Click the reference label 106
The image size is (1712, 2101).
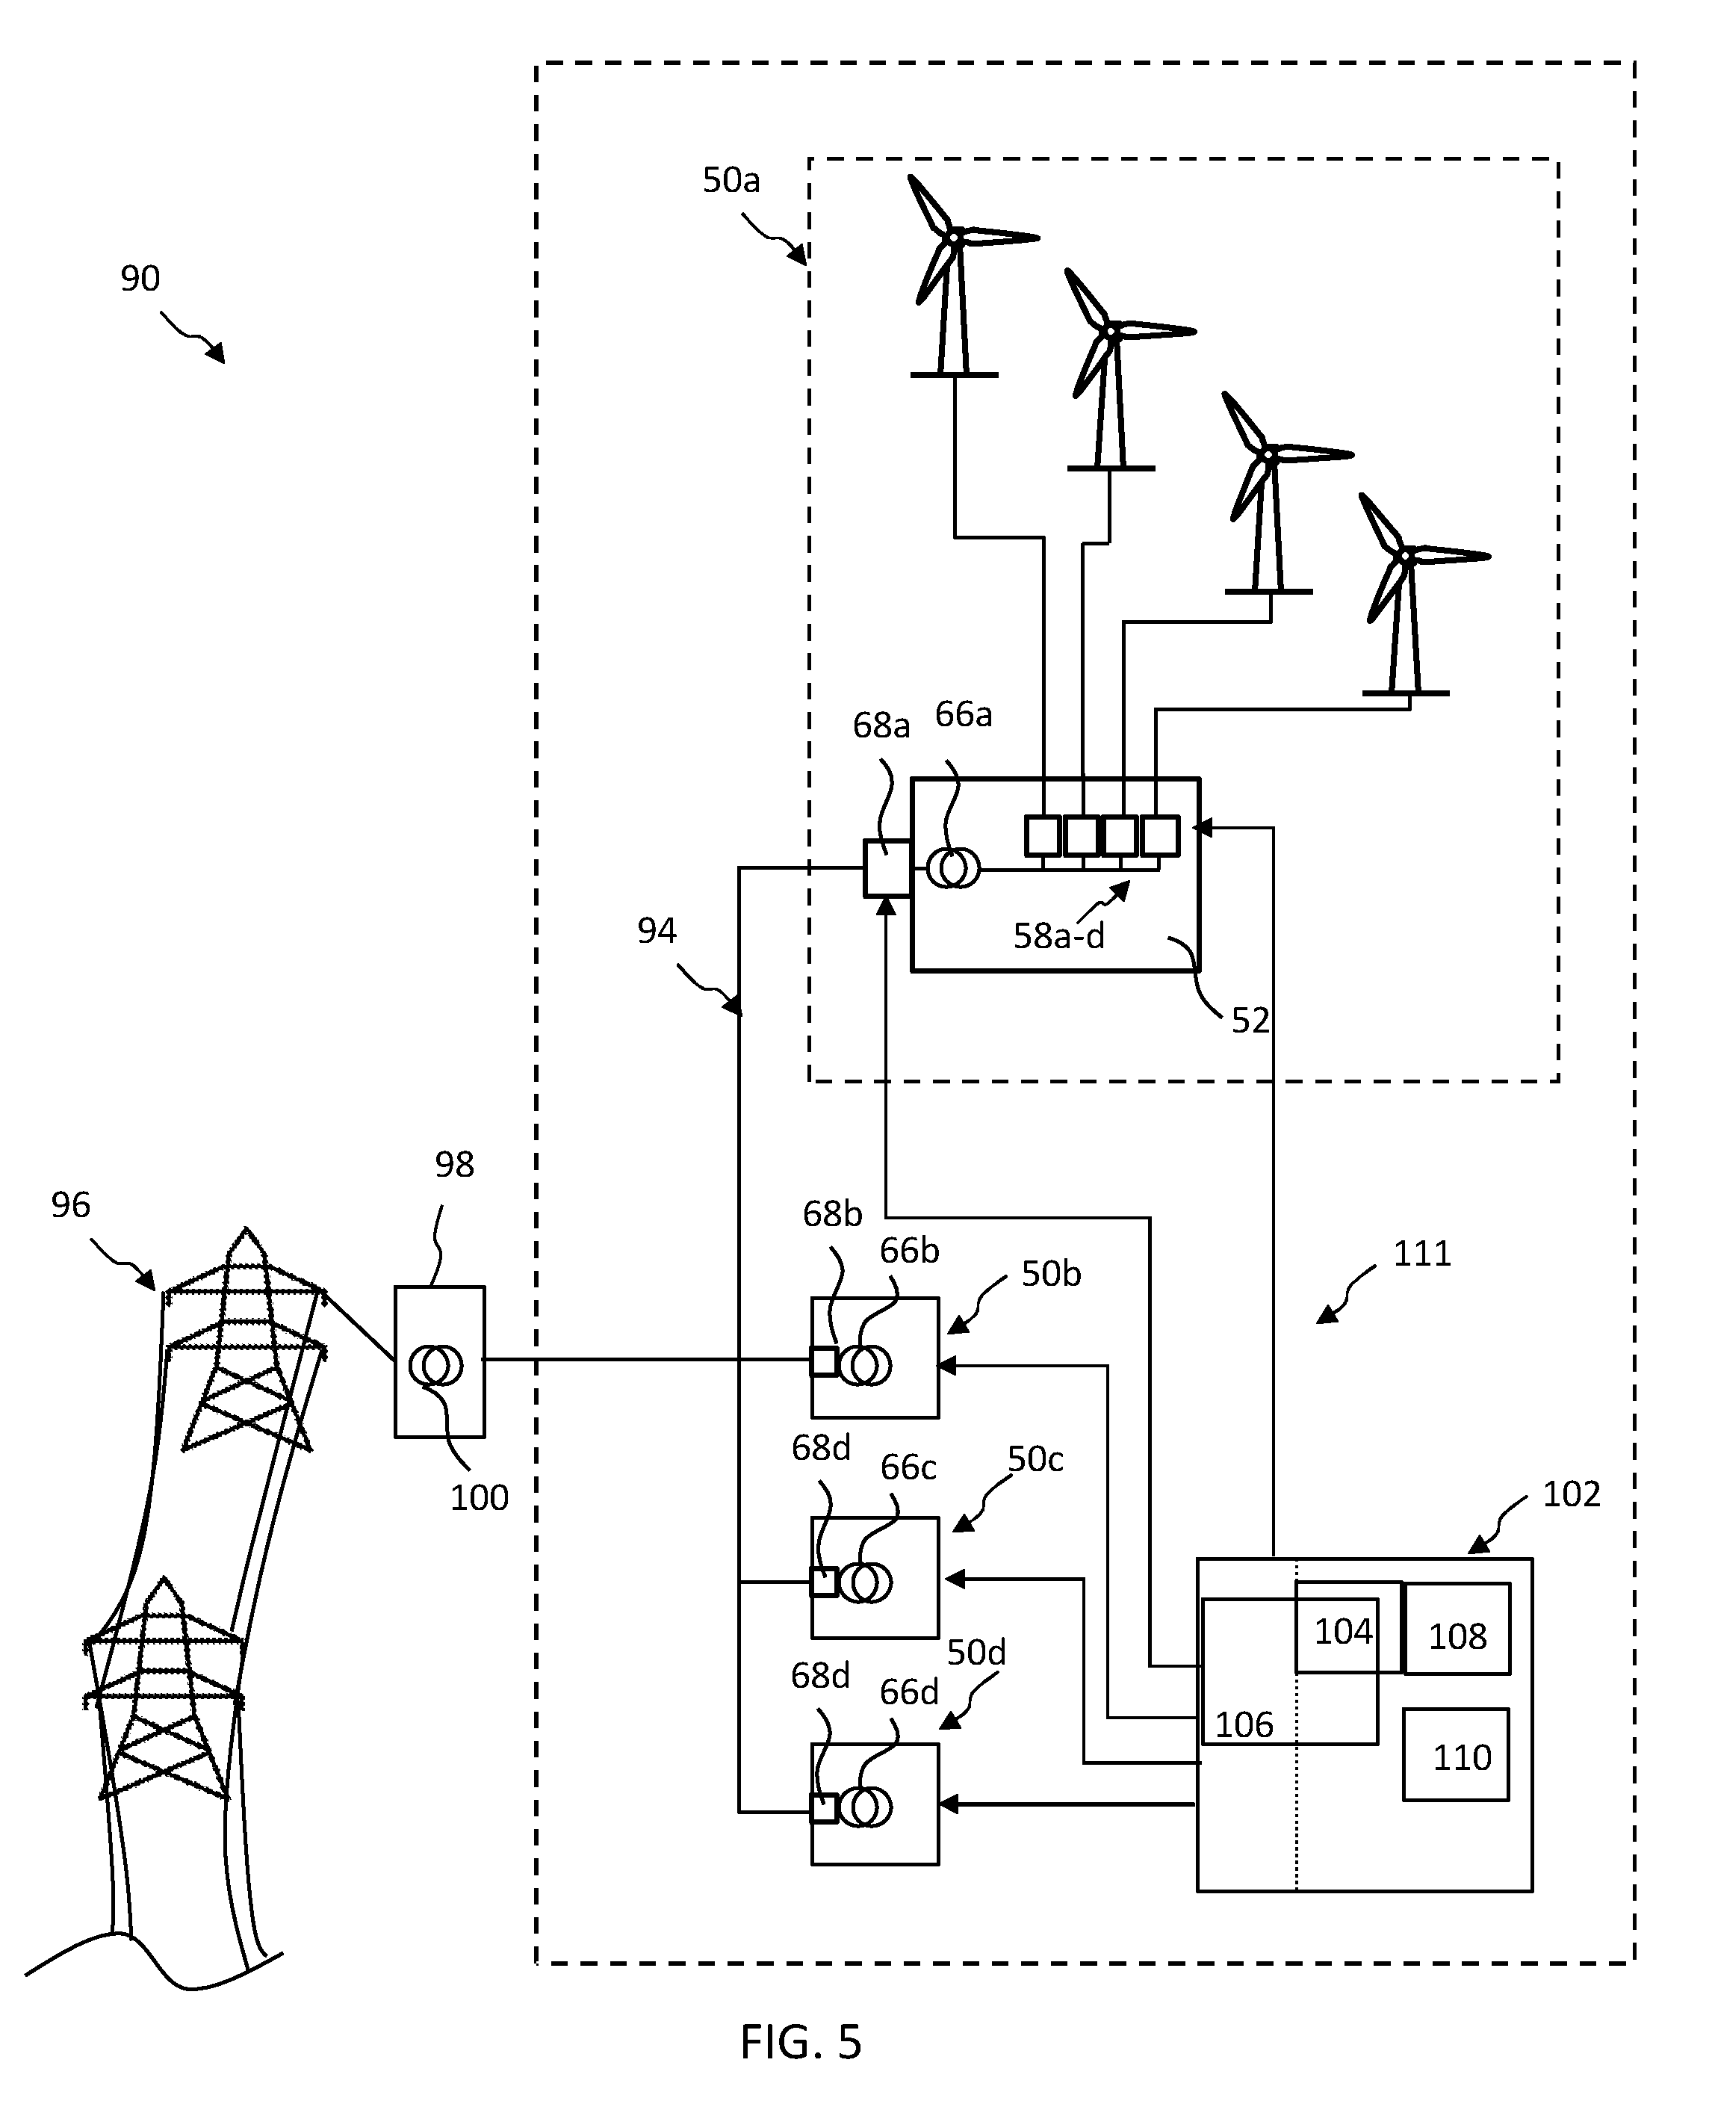[1244, 1724]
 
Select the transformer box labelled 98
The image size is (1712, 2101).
[440, 1361]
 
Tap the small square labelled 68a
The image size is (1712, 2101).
[887, 868]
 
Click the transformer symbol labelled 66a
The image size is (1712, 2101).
[954, 868]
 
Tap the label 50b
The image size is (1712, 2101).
[1051, 1275]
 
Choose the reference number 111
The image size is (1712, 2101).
[1422, 1254]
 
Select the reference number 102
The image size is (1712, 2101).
[1571, 1494]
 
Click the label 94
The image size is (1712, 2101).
[657, 930]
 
